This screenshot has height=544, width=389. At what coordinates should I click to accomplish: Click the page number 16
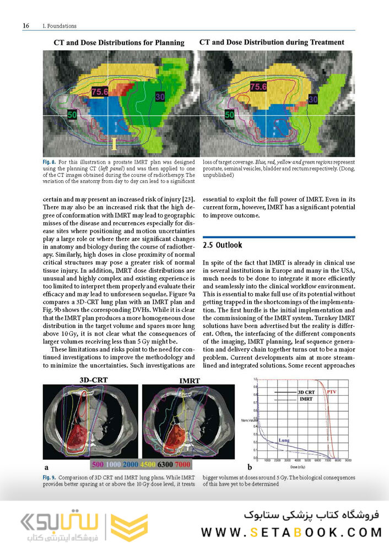click(x=25, y=25)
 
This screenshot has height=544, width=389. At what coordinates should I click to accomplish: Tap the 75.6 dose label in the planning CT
click(x=100, y=92)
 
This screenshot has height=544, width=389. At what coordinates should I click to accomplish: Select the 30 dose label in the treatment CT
click(x=313, y=99)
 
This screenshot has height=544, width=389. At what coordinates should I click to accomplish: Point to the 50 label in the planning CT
click(x=71, y=115)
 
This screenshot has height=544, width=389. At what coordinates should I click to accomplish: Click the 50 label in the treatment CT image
click(x=230, y=115)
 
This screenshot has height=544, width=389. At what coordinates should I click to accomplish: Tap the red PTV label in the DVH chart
click(x=332, y=391)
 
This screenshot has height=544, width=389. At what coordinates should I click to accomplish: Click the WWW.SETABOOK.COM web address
click(x=291, y=532)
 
